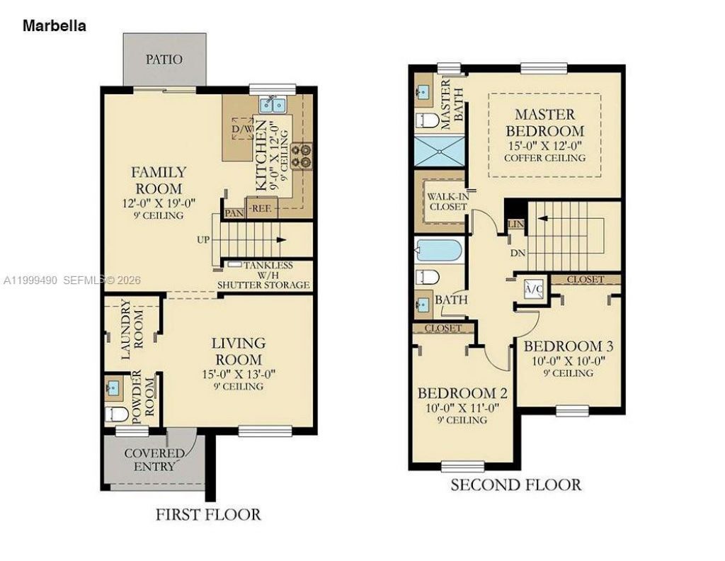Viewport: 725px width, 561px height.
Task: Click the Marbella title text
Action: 55,26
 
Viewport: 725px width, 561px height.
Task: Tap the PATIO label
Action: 164,59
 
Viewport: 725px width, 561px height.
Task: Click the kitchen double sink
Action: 273,106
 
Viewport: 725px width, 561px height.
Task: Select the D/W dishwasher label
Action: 242,130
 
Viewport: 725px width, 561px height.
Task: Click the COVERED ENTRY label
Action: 154,460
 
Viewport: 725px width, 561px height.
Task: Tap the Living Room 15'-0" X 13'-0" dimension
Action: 238,374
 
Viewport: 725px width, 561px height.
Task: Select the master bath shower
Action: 438,152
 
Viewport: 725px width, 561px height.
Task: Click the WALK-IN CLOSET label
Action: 447,200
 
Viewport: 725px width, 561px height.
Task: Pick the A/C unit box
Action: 532,289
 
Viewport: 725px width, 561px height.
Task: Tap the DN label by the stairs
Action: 517,251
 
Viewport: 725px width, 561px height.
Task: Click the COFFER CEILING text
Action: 544,157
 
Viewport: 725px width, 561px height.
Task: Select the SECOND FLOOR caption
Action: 516,485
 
